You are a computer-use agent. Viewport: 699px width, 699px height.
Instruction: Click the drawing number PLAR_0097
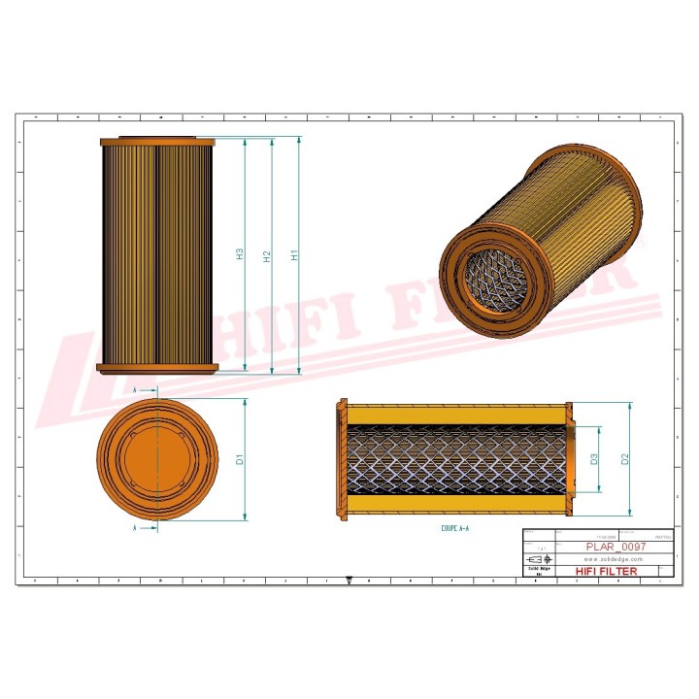[616, 547]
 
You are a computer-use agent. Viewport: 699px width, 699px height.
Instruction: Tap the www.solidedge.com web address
[614, 560]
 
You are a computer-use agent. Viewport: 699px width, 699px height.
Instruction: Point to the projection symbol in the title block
[535, 560]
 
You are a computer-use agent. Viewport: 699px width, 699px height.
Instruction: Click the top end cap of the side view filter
[156, 141]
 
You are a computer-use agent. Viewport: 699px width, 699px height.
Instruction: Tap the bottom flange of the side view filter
[156, 368]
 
